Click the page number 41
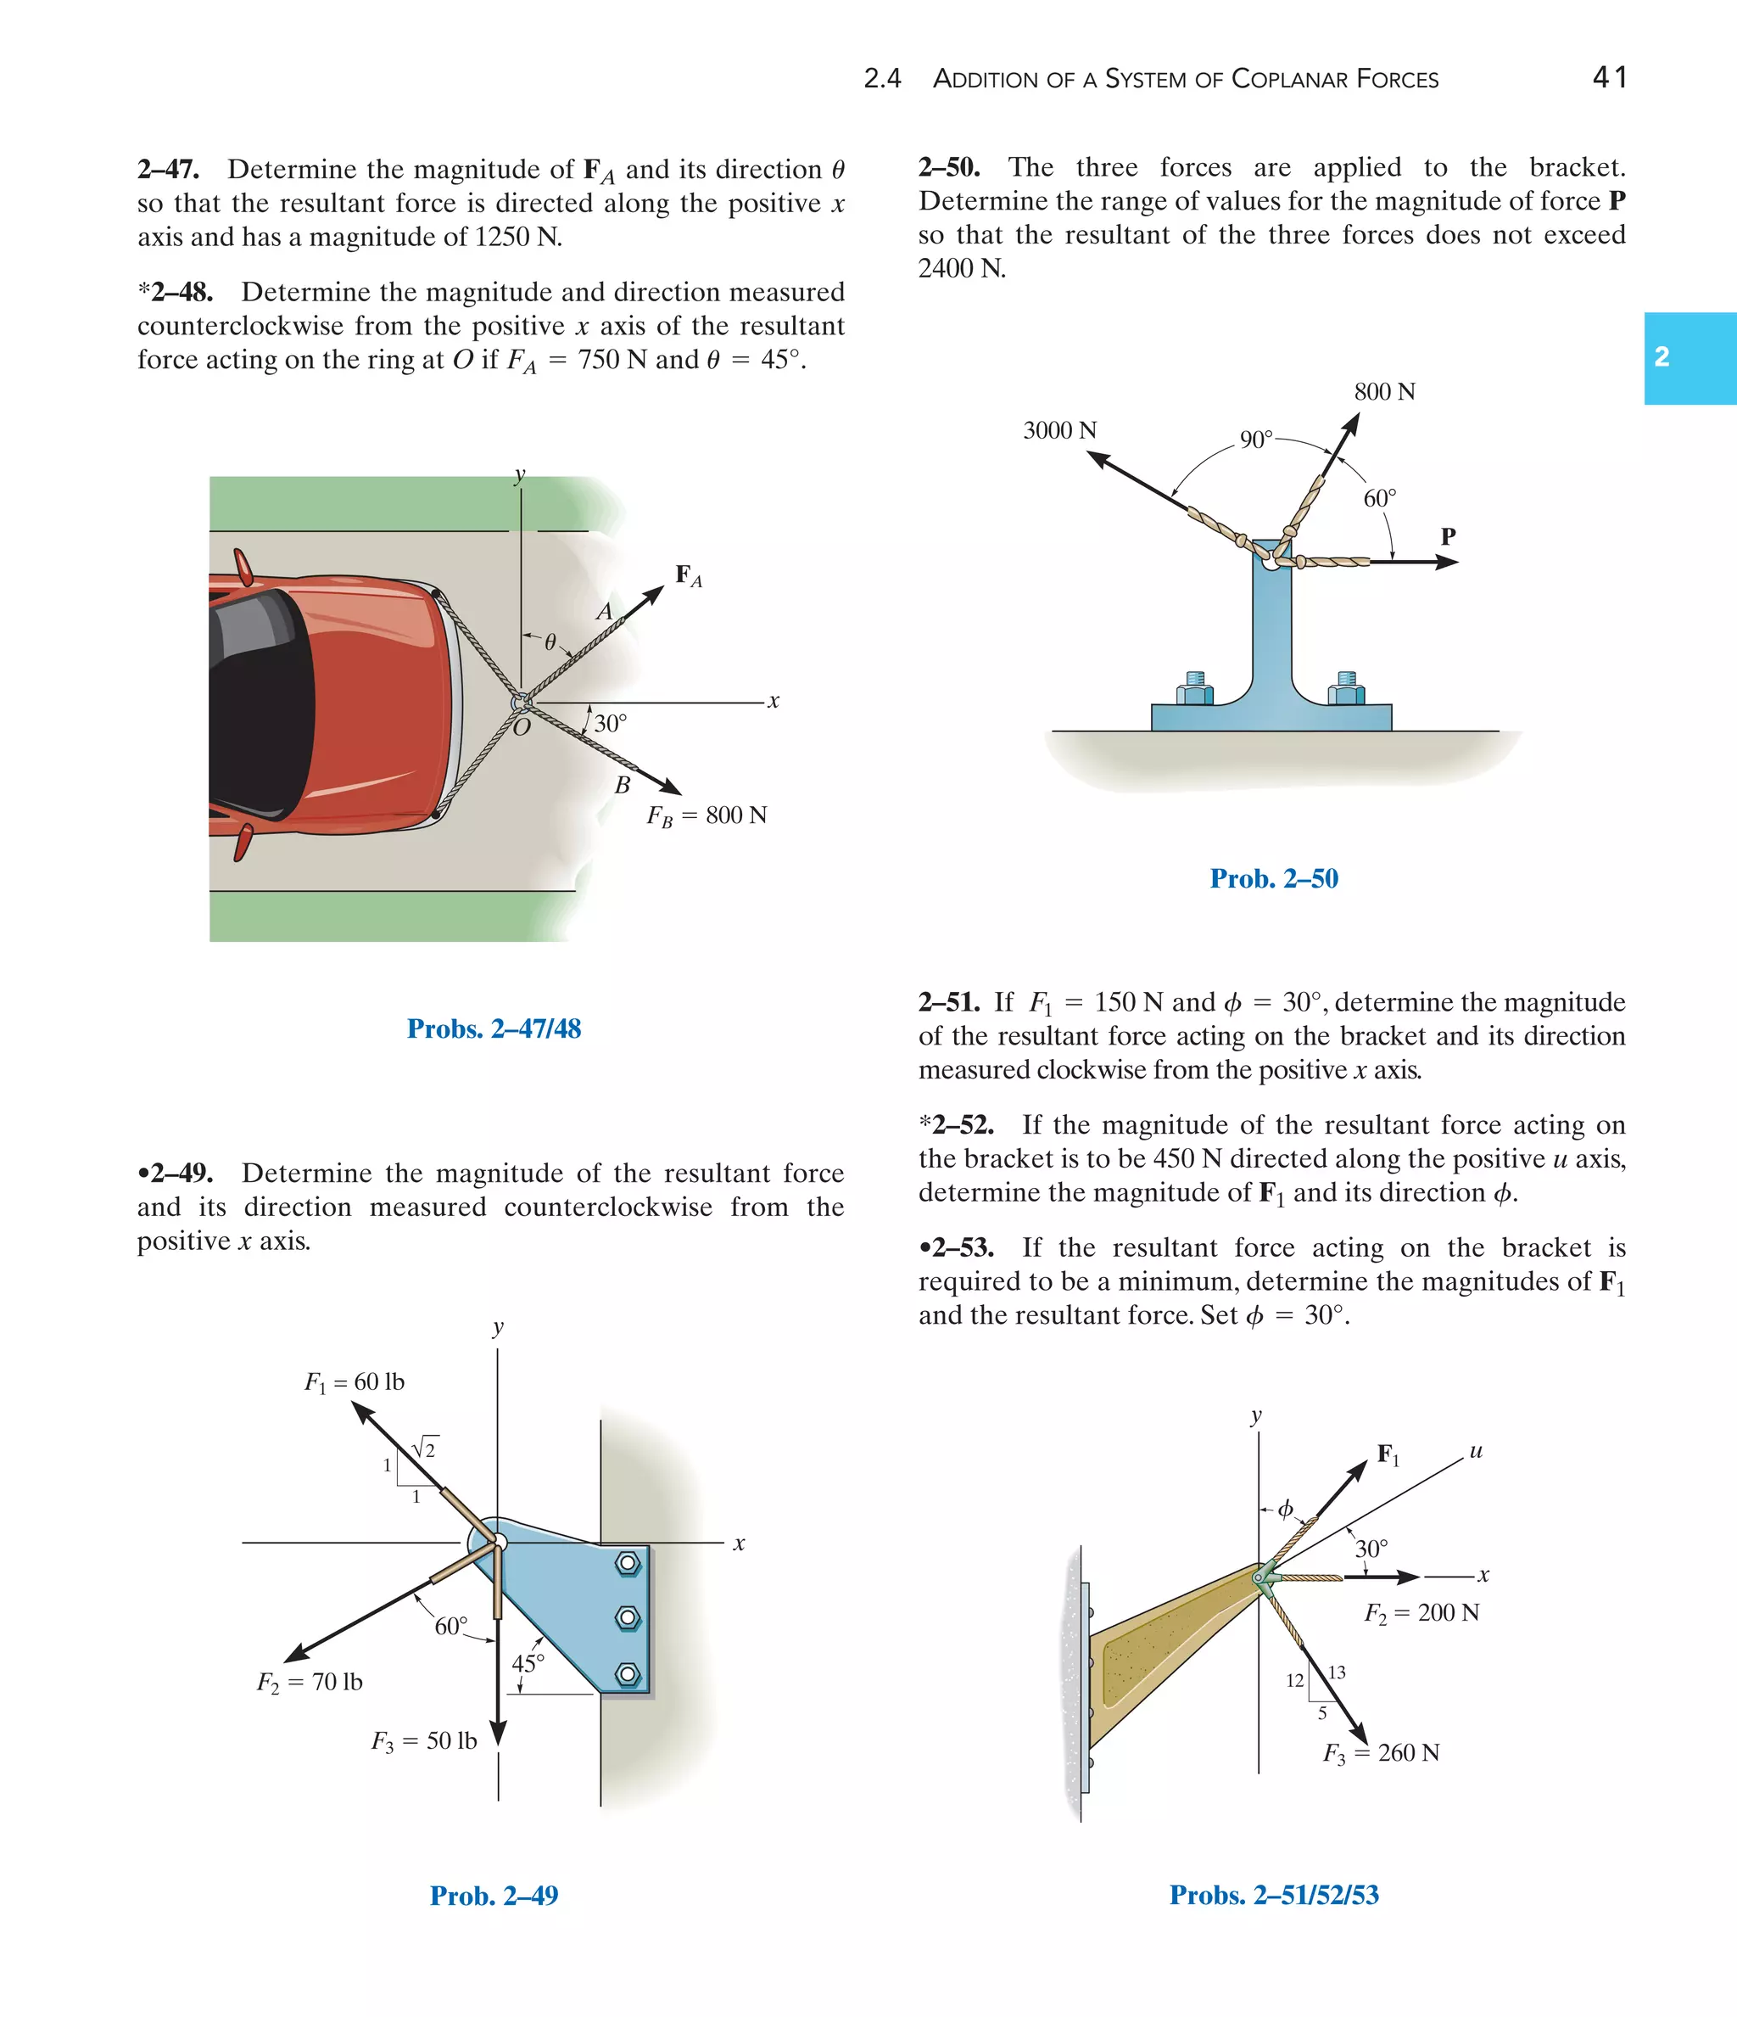(1610, 77)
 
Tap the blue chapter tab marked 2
(1690, 357)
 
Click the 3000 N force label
(1059, 430)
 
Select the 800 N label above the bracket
(1384, 392)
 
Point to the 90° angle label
(1255, 440)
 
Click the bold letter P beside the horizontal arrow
(1448, 536)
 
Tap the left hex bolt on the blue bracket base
(1195, 689)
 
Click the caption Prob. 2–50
(1273, 878)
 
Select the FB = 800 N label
(707, 815)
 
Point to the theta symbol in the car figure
(550, 642)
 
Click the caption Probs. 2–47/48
(494, 1029)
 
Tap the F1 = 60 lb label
(355, 1382)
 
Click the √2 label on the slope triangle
(425, 1448)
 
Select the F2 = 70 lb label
(310, 1682)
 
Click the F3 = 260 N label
(1381, 1753)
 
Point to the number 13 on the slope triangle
(1337, 1672)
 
